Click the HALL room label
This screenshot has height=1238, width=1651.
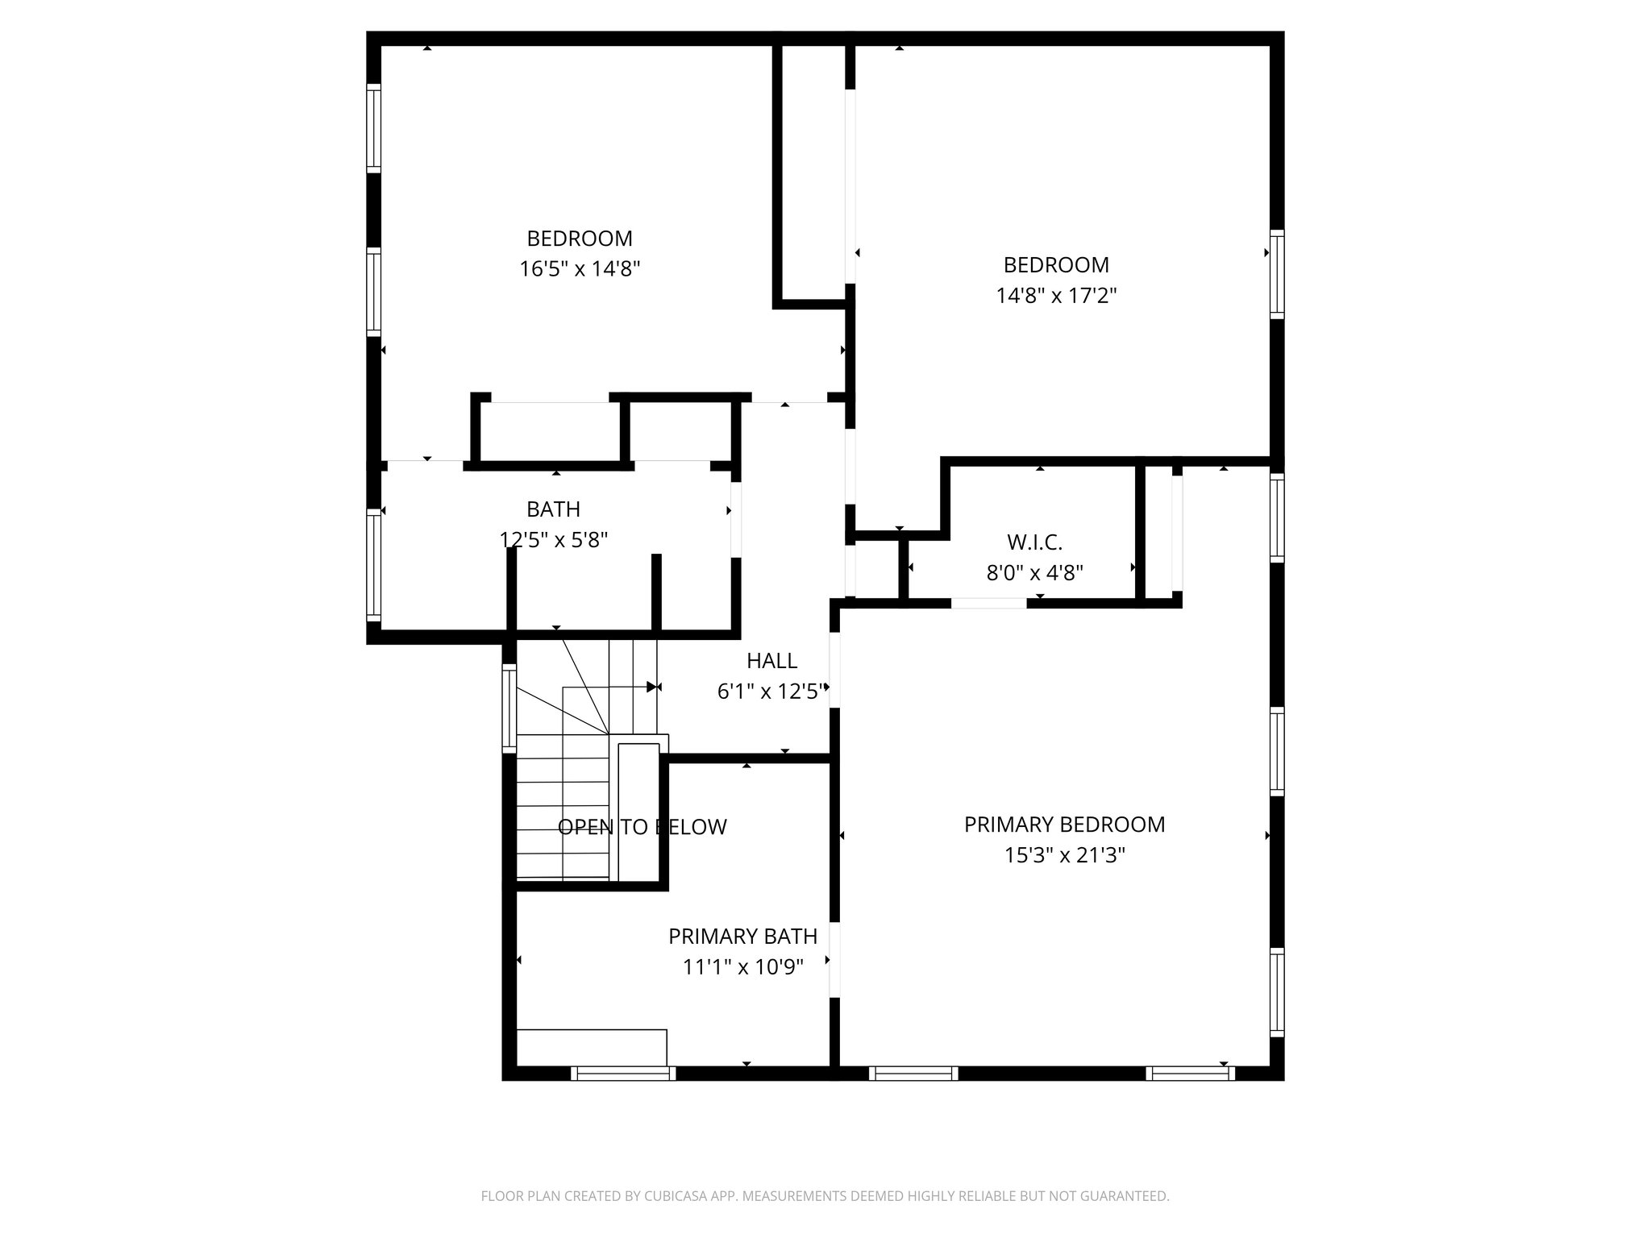point(771,661)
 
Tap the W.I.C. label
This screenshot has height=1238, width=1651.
point(1034,542)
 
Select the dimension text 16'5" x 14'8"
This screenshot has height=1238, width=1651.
point(580,268)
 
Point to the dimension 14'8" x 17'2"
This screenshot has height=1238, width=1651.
point(1056,296)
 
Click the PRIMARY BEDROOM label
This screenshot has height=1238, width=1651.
point(1064,825)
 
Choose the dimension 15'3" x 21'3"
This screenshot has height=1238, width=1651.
point(1064,855)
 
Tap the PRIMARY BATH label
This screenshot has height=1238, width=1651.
point(742,937)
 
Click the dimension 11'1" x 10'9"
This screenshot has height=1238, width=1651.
point(742,966)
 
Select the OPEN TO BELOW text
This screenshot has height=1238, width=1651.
point(642,827)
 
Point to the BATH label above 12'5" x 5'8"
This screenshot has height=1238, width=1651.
point(553,509)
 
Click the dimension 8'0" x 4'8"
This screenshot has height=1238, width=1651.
point(1034,573)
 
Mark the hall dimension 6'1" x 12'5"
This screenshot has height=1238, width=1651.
point(771,692)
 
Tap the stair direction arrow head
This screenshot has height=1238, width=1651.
point(652,687)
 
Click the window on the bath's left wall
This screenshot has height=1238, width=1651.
point(373,564)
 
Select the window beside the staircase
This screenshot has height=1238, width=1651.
point(509,708)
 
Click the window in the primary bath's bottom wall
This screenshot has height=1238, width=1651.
point(623,1073)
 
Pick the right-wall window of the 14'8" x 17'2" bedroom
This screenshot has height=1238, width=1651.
point(1276,274)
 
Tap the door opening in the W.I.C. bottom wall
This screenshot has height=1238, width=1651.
point(988,603)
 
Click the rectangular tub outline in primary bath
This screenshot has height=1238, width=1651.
point(591,1047)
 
